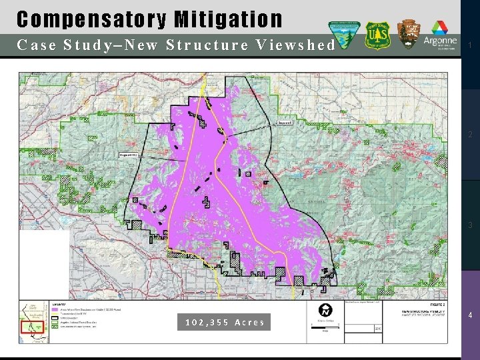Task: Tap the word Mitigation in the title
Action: (228, 20)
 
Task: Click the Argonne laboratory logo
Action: (441, 38)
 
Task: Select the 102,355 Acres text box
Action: (225, 322)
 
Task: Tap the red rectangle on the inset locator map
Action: (31, 327)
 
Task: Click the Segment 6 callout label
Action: (285, 123)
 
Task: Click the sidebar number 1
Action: (470, 45)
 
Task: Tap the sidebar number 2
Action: (470, 135)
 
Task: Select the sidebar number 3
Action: (470, 225)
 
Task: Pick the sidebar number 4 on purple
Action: (470, 315)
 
